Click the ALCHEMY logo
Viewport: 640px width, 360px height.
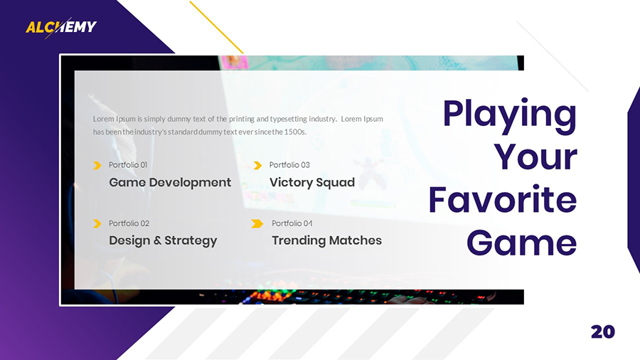pos(61,27)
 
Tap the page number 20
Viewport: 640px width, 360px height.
pos(602,332)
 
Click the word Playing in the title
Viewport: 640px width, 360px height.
pos(509,114)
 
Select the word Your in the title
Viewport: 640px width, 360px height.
pos(535,157)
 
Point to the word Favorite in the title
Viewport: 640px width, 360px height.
pos(502,200)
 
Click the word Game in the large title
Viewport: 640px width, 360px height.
pos(521,243)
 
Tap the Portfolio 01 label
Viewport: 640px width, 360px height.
pos(128,165)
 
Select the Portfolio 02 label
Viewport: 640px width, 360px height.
pos(129,223)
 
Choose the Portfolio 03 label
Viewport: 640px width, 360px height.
pos(289,165)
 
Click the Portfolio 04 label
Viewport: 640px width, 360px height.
pos(292,223)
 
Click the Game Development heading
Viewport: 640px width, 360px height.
pos(170,183)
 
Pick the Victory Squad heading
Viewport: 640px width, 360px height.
pos(311,183)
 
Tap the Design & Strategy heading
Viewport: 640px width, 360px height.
pos(163,240)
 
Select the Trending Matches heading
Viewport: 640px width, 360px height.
pos(326,240)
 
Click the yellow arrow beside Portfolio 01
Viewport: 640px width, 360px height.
pos(97,166)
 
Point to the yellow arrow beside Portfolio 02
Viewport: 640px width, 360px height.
pos(97,223)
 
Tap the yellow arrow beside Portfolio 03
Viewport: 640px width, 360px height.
pos(257,166)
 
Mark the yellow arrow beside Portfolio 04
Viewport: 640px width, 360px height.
pos(257,223)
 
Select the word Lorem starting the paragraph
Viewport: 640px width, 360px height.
pos(104,119)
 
